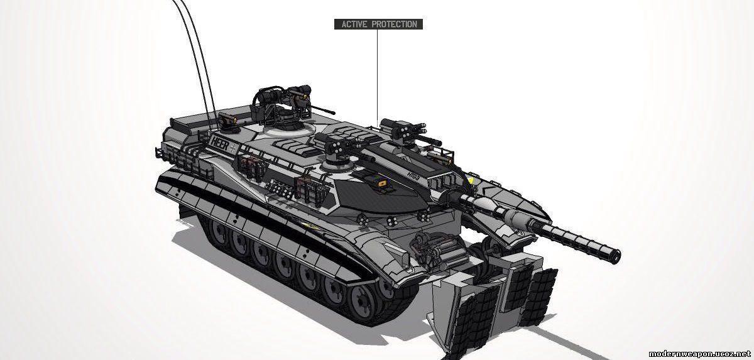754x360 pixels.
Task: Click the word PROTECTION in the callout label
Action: pyautogui.click(x=395, y=25)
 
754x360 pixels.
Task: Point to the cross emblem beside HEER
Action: pyautogui.click(x=234, y=147)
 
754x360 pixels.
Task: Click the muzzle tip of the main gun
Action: pyautogui.click(x=616, y=256)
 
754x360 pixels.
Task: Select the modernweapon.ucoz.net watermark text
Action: pyautogui.click(x=699, y=354)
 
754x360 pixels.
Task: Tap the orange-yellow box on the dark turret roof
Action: pyautogui.click(x=382, y=183)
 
